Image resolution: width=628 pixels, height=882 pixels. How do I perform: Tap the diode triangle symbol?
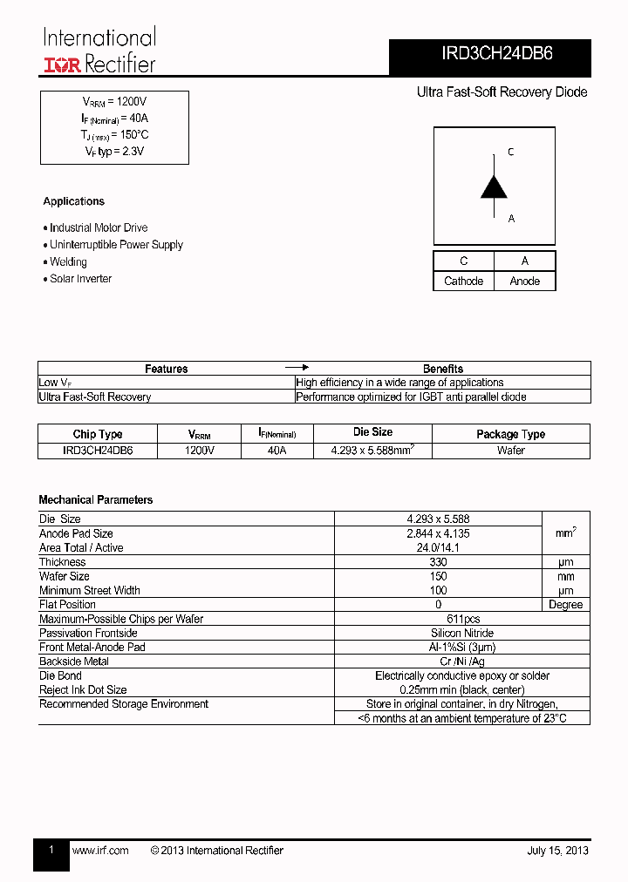pyautogui.click(x=494, y=187)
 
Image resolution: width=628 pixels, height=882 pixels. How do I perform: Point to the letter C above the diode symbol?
pyautogui.click(x=511, y=153)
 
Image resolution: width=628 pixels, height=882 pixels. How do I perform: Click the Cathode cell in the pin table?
pyautogui.click(x=463, y=282)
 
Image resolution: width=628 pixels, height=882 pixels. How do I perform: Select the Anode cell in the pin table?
pyautogui.click(x=524, y=282)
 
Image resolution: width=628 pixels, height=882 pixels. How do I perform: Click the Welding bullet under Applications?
pyautogui.click(x=68, y=262)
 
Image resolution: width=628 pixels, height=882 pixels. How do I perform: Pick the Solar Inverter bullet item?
pyautogui.click(x=80, y=279)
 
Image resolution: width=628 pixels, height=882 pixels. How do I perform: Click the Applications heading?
pyautogui.click(x=73, y=201)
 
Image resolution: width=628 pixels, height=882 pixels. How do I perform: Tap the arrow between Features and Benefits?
pyautogui.click(x=297, y=368)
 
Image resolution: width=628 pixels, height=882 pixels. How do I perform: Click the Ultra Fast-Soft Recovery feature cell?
pyautogui.click(x=95, y=397)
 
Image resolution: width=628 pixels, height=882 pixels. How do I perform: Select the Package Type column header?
pyautogui.click(x=510, y=434)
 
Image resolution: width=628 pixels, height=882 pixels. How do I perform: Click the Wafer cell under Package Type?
pyautogui.click(x=510, y=451)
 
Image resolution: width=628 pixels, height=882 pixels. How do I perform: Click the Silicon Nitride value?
pyautogui.click(x=461, y=633)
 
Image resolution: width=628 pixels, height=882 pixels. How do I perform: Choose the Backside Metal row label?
pyautogui.click(x=74, y=661)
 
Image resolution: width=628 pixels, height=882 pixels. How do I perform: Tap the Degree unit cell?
pyautogui.click(x=565, y=605)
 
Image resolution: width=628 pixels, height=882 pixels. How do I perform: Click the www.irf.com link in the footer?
pyautogui.click(x=100, y=851)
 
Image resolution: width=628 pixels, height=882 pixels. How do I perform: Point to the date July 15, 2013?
pyautogui.click(x=557, y=851)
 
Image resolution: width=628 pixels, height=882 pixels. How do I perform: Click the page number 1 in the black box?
pyautogui.click(x=51, y=850)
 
